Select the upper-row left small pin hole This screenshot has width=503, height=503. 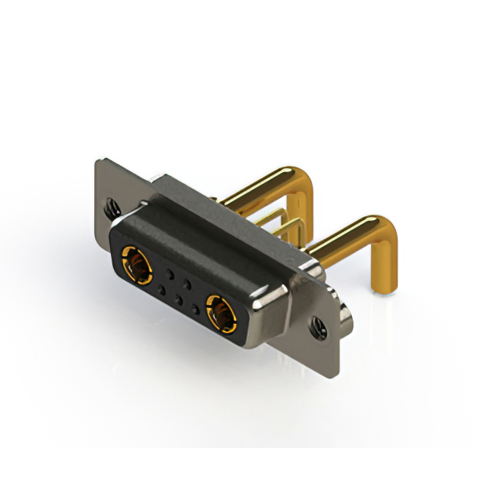(x=169, y=274)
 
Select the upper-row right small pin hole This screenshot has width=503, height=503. (x=187, y=284)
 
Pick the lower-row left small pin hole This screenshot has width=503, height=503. (x=162, y=292)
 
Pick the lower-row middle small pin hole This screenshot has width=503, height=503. (x=179, y=301)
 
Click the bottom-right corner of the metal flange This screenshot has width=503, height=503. (x=340, y=368)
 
